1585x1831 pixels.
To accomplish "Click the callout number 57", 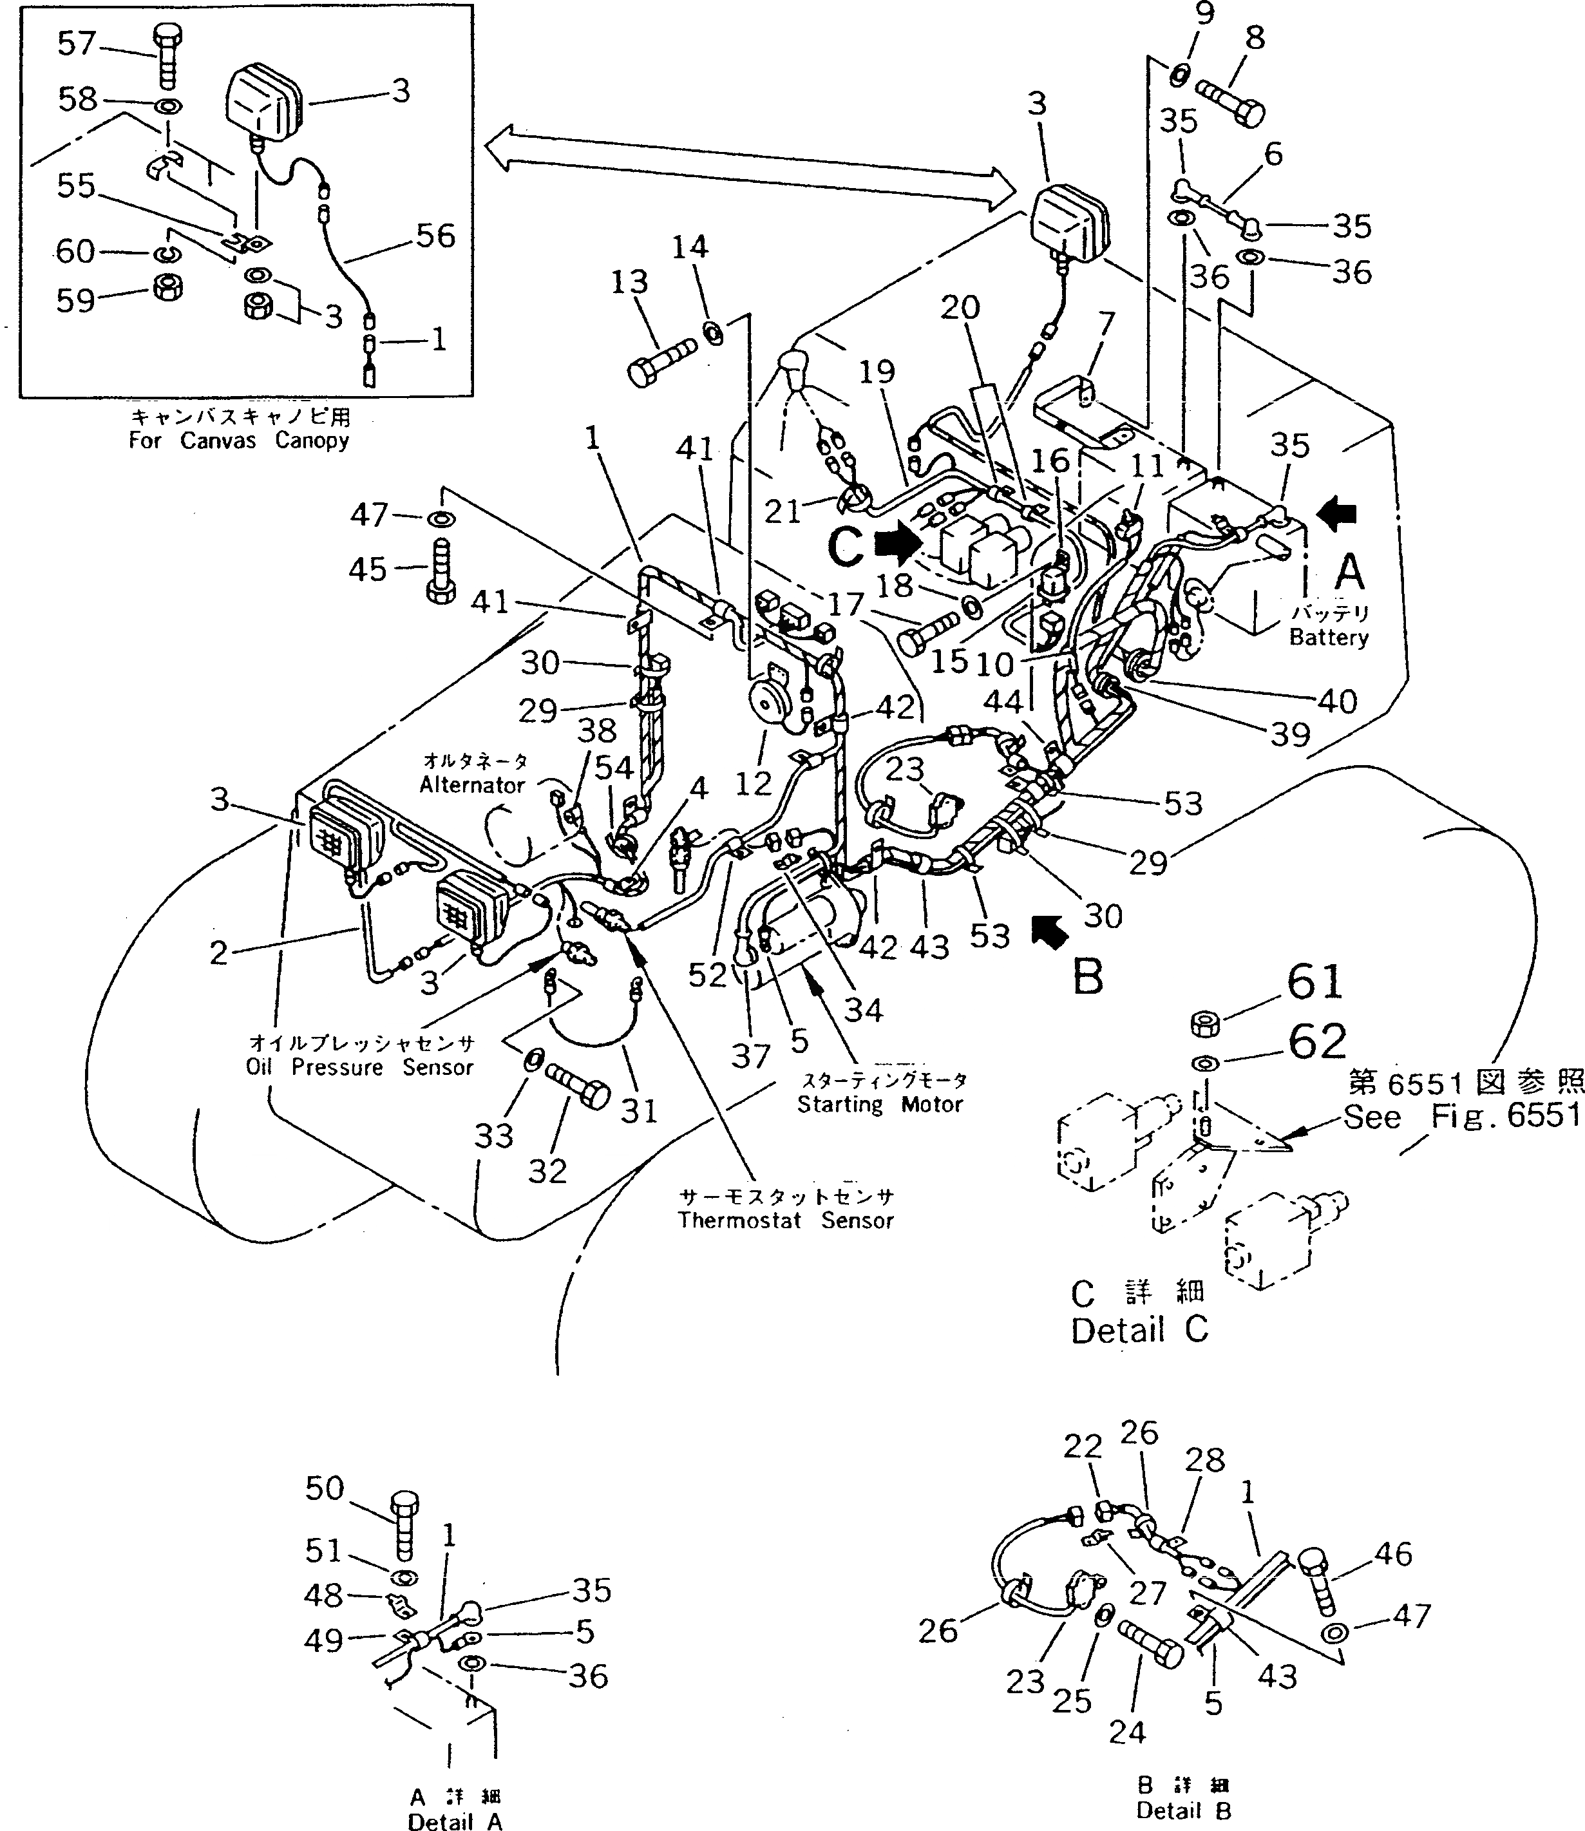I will click(76, 43).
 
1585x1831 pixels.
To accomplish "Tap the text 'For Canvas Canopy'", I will click(239, 440).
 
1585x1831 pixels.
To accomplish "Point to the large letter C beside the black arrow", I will click(846, 545).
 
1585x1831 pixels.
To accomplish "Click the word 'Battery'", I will click(1329, 637).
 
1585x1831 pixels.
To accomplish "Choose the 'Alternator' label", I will click(472, 784).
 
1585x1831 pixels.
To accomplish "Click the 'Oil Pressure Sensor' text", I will click(359, 1068).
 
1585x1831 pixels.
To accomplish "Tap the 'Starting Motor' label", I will click(879, 1105).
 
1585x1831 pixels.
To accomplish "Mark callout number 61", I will click(1315, 982).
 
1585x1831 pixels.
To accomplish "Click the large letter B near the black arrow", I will click(1087, 978).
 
